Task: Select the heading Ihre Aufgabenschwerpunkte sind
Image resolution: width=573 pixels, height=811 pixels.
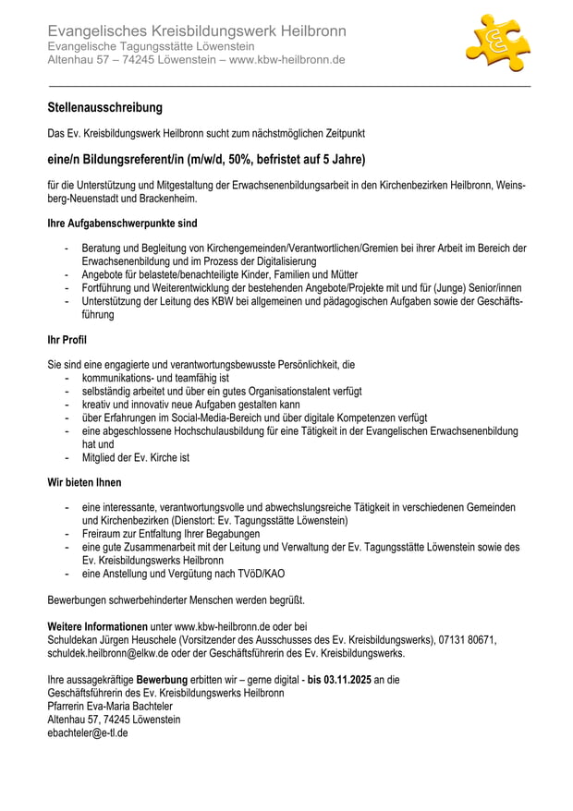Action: pyautogui.click(x=122, y=224)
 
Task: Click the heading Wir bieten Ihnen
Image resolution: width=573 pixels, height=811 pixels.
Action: pyautogui.click(x=84, y=482)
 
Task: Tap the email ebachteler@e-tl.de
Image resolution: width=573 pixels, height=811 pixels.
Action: pyautogui.click(x=88, y=732)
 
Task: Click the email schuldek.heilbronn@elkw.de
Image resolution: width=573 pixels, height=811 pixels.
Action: pyautogui.click(x=107, y=653)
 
